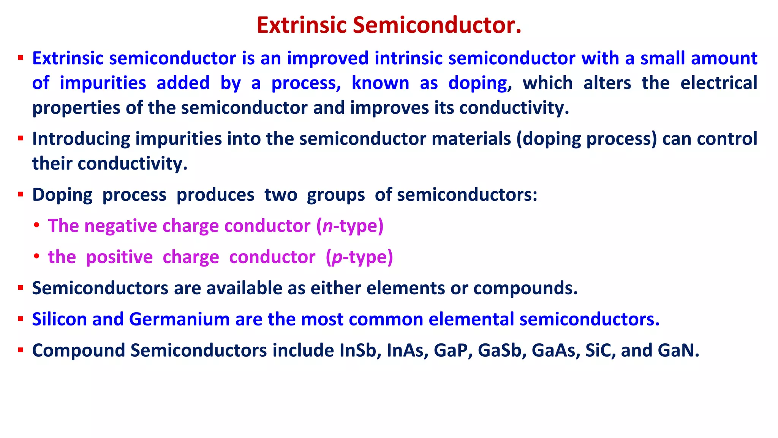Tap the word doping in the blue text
[x=478, y=83]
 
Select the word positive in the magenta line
[x=119, y=257]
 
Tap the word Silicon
[x=59, y=319]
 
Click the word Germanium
[x=179, y=319]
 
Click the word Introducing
[x=81, y=139]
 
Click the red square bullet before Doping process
[x=21, y=195]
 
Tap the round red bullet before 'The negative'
[x=36, y=225]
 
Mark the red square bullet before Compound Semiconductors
[x=21, y=350]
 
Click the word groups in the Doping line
[x=336, y=195]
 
